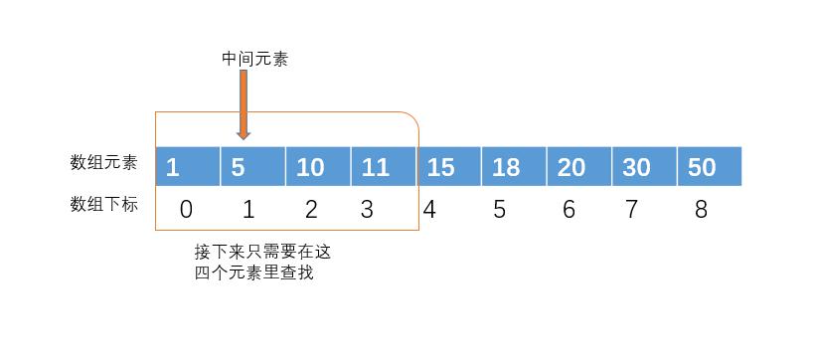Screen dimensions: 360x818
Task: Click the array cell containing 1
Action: [x=188, y=166]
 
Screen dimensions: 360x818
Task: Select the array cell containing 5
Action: [x=252, y=166]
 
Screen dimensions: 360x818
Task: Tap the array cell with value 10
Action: [x=318, y=166]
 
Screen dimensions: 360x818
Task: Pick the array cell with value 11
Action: [x=384, y=166]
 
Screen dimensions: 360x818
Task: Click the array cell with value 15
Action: [x=448, y=166]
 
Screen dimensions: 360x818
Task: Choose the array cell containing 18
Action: [x=514, y=166]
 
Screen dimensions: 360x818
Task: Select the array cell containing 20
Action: [x=578, y=166]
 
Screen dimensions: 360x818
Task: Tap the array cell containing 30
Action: [x=644, y=166]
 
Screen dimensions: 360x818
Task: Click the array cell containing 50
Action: [x=709, y=166]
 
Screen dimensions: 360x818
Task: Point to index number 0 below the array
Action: [x=186, y=210]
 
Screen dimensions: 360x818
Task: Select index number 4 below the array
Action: [x=429, y=210]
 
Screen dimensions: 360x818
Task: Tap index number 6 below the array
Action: [x=569, y=210]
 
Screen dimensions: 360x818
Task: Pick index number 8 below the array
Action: [x=702, y=210]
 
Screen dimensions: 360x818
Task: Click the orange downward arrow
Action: [x=244, y=105]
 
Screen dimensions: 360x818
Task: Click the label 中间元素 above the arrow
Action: [x=254, y=60]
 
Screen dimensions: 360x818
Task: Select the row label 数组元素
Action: [x=104, y=162]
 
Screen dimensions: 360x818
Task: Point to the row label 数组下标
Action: [x=104, y=205]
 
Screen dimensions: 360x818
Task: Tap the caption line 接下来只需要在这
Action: [x=262, y=252]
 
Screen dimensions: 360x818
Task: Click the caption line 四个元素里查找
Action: [x=254, y=272]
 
